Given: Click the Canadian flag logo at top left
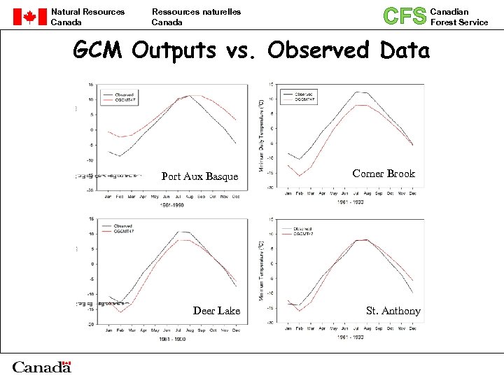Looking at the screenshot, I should [29, 17].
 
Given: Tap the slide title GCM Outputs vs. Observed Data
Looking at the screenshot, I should [251, 50].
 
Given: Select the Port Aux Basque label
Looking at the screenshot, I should [199, 176].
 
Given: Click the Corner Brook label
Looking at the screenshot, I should [384, 174].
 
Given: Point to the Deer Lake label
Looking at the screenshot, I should [216, 311].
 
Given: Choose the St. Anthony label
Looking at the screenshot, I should [393, 311].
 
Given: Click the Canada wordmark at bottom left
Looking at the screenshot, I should [42, 366].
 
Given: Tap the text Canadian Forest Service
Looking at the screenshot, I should [458, 17].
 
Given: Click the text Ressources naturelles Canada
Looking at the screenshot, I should [196, 17].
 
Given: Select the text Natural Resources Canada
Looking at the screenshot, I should [87, 17].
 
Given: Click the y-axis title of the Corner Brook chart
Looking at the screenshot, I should [262, 136].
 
